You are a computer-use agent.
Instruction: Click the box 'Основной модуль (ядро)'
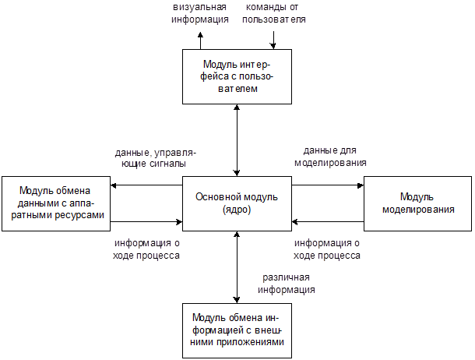(x=237, y=203)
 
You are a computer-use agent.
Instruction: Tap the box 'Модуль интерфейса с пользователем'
(x=237, y=76)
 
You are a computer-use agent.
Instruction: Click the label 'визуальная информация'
(x=200, y=13)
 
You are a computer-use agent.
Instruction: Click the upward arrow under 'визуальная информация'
(x=200, y=39)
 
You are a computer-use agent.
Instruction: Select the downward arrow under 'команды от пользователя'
(x=273, y=39)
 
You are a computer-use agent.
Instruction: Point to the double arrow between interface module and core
(x=237, y=140)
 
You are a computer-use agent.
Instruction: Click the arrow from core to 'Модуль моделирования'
(x=328, y=185)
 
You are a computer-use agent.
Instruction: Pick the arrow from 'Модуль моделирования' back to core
(x=328, y=222)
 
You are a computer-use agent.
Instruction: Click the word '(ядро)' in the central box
(x=237, y=210)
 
